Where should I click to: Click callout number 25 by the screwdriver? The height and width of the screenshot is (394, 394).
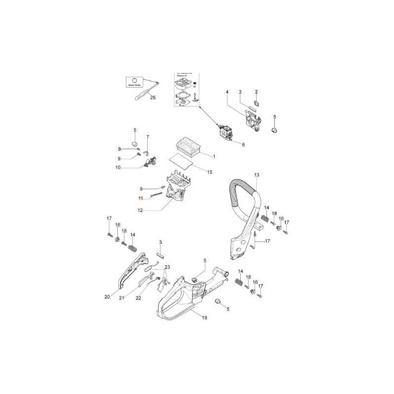(x=152, y=98)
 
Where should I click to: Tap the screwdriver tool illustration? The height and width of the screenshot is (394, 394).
(x=142, y=92)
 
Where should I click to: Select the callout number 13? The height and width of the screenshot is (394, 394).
(x=257, y=175)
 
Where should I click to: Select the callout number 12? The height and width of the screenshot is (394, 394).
(x=140, y=210)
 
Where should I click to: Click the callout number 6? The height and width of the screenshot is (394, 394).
(x=243, y=144)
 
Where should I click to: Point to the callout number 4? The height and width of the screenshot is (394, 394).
(x=227, y=92)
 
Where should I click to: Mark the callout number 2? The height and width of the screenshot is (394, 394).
(x=257, y=92)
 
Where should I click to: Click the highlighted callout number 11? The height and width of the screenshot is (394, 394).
(x=140, y=198)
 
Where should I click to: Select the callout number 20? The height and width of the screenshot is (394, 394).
(x=107, y=297)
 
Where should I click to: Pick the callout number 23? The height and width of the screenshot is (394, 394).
(x=167, y=267)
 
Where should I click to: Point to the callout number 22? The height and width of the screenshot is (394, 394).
(x=138, y=297)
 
